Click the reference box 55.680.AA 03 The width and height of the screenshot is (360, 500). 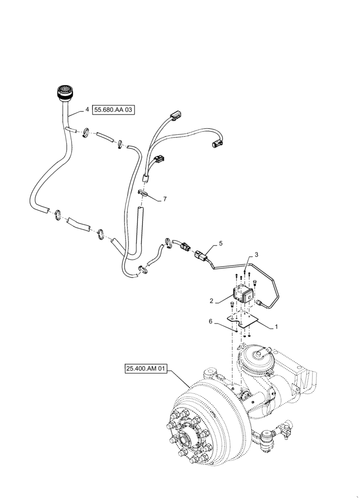(x=114, y=109)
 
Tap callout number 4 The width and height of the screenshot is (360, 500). (x=87, y=109)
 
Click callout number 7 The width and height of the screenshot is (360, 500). (x=165, y=199)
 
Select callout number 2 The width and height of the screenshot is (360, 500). (x=212, y=301)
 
